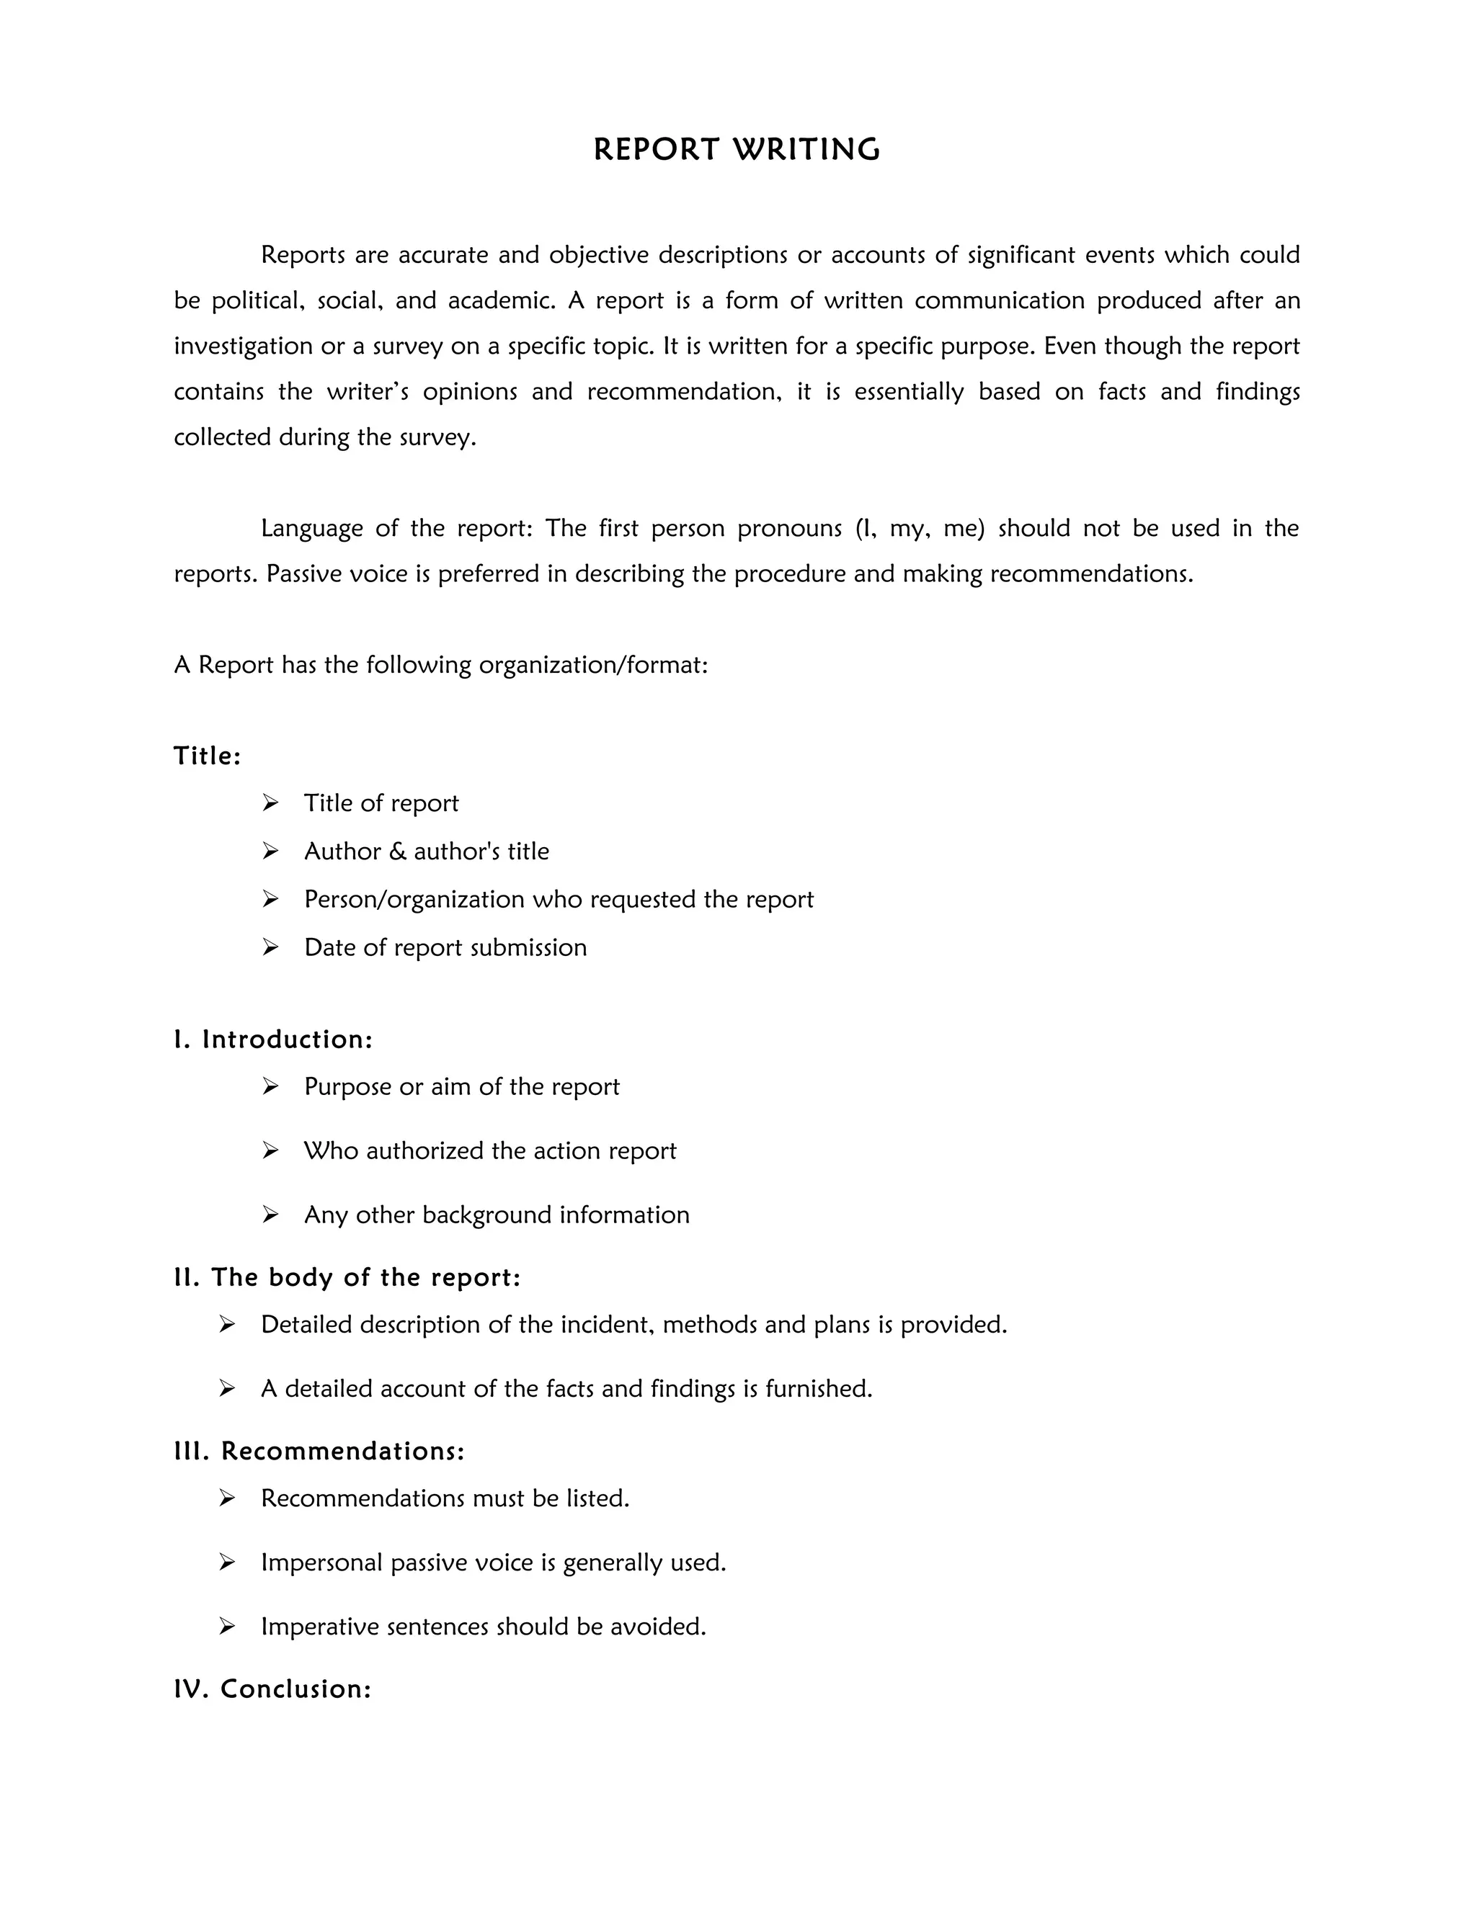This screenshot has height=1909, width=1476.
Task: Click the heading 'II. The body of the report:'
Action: coord(347,1277)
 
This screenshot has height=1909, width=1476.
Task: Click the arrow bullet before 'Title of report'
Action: coord(270,803)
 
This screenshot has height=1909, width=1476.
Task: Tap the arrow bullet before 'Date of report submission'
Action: coord(270,947)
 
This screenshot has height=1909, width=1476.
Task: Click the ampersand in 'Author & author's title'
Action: coord(398,851)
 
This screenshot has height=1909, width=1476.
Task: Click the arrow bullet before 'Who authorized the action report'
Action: coord(270,1150)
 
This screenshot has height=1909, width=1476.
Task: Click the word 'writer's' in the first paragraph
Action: coord(368,392)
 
